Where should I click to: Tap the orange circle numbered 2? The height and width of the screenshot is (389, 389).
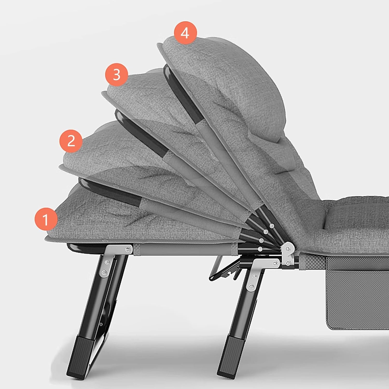pos(71,141)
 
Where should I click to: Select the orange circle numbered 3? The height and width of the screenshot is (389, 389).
pos(116,74)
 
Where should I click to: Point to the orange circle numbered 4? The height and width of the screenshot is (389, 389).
pos(185,33)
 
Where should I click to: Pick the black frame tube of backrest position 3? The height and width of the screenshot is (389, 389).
pos(140,132)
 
